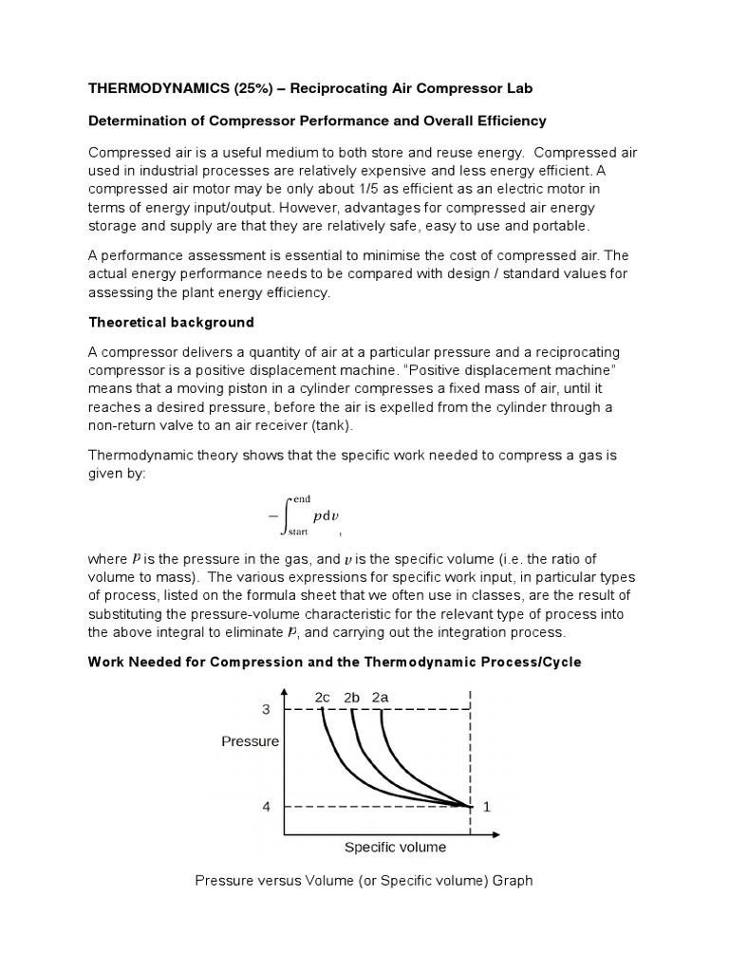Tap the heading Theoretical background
(x=171, y=323)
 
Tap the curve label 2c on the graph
(x=323, y=697)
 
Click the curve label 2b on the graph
(x=352, y=697)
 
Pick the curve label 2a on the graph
(x=382, y=697)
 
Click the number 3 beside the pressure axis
(x=266, y=708)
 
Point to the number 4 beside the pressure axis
(x=266, y=807)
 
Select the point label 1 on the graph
(x=488, y=807)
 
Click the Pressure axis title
(x=250, y=741)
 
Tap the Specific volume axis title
(x=395, y=847)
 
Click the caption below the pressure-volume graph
(x=364, y=881)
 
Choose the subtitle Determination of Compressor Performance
(x=317, y=121)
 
